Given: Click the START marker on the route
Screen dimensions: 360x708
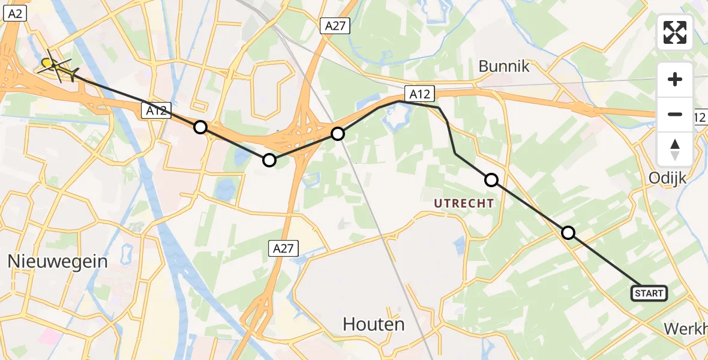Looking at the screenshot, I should click(x=649, y=293).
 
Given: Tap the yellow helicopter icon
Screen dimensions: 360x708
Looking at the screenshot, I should click(x=56, y=67).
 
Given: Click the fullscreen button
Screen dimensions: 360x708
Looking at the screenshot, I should click(x=675, y=32).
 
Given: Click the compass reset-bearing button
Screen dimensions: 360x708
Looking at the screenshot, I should click(x=675, y=149).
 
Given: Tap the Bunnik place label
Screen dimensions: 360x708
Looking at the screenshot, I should click(x=504, y=66).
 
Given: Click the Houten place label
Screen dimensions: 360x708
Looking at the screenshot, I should click(x=373, y=324).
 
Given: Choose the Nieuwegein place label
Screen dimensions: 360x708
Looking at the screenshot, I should click(x=58, y=261).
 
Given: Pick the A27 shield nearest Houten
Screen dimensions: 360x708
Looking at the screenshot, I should click(x=284, y=248).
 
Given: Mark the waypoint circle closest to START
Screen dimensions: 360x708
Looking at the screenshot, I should click(x=568, y=233).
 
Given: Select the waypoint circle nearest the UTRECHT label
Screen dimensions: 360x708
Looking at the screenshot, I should click(x=491, y=179).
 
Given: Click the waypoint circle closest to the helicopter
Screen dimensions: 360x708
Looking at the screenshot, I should click(x=200, y=127).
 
